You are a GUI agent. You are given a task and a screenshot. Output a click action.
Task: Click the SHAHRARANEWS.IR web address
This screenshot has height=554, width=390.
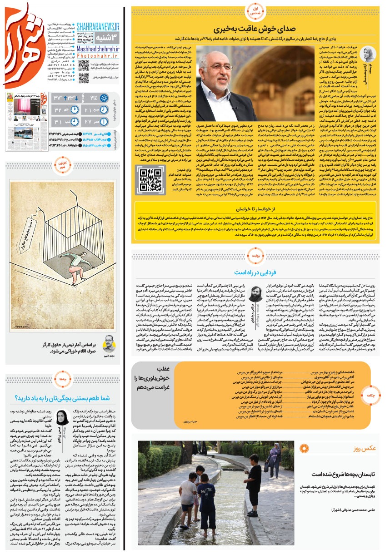coord(98,27)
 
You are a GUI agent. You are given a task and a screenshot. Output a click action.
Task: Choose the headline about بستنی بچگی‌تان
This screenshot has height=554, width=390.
coord(63,398)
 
